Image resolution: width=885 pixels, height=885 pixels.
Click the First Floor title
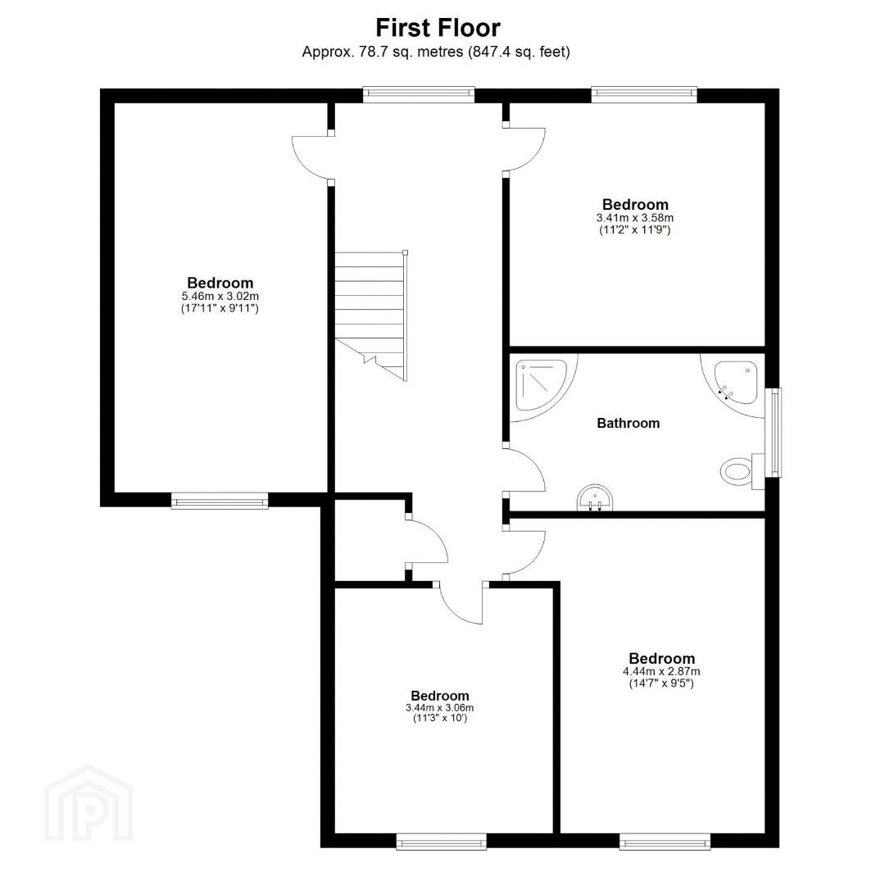click(x=438, y=28)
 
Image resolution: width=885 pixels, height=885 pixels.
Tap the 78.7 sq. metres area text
click(x=407, y=52)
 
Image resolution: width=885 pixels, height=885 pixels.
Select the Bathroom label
click(x=629, y=424)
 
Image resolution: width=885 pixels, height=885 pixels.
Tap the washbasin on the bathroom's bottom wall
click(x=594, y=497)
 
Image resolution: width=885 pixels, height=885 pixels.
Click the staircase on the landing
click(x=371, y=316)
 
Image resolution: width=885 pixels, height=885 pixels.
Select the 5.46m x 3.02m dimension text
click(x=220, y=296)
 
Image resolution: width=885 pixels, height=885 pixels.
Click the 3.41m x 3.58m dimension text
click(x=635, y=217)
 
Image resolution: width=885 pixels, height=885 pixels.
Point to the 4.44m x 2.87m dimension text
click(x=661, y=671)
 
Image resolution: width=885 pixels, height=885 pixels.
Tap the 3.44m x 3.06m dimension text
click(x=440, y=708)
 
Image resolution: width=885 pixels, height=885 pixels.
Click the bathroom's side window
click(x=776, y=432)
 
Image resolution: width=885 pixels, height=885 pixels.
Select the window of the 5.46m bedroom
click(x=220, y=501)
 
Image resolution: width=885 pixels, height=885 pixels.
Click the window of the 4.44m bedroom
click(x=665, y=841)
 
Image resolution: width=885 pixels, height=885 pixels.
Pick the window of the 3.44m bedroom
click(x=441, y=841)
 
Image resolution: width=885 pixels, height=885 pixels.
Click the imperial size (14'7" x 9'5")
click(x=661, y=683)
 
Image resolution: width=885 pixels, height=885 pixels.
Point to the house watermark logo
click(x=88, y=804)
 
